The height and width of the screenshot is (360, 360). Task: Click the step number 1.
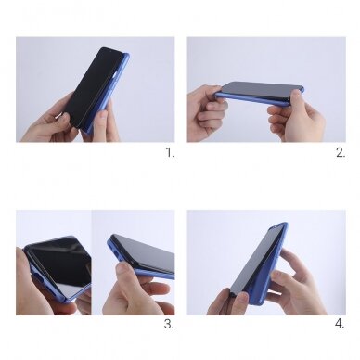pyautogui.click(x=170, y=152)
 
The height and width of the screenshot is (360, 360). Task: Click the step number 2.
pyautogui.click(x=341, y=152)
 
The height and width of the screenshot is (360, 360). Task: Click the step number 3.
pyautogui.click(x=169, y=324)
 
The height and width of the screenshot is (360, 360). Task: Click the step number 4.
pyautogui.click(x=340, y=324)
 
